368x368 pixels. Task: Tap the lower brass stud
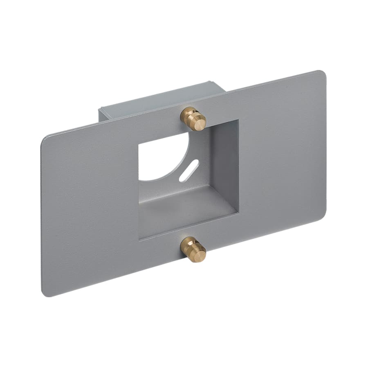193,249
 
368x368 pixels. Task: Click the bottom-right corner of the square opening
238,213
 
